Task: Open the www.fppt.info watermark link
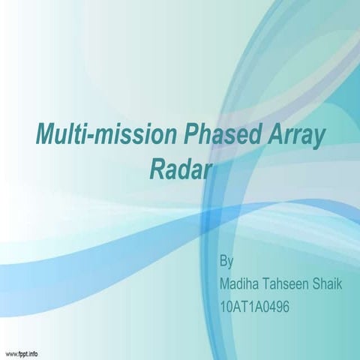tap(22, 352)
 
